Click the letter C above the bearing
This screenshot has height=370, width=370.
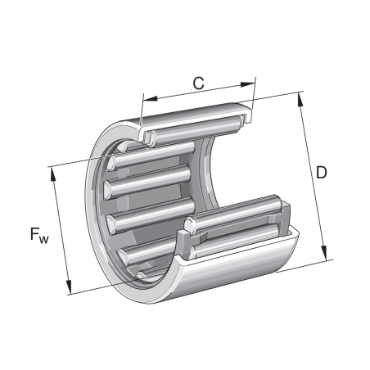click(198, 82)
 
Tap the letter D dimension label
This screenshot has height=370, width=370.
click(323, 172)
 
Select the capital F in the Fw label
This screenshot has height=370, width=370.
click(34, 234)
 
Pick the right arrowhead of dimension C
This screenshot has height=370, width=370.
click(250, 82)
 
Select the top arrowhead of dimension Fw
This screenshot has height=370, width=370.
click(55, 169)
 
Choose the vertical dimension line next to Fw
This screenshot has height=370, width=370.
click(64, 229)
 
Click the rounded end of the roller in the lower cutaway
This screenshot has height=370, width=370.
click(189, 224)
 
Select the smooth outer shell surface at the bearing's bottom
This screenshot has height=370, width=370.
click(237, 270)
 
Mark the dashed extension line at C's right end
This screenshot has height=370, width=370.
click(253, 94)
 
